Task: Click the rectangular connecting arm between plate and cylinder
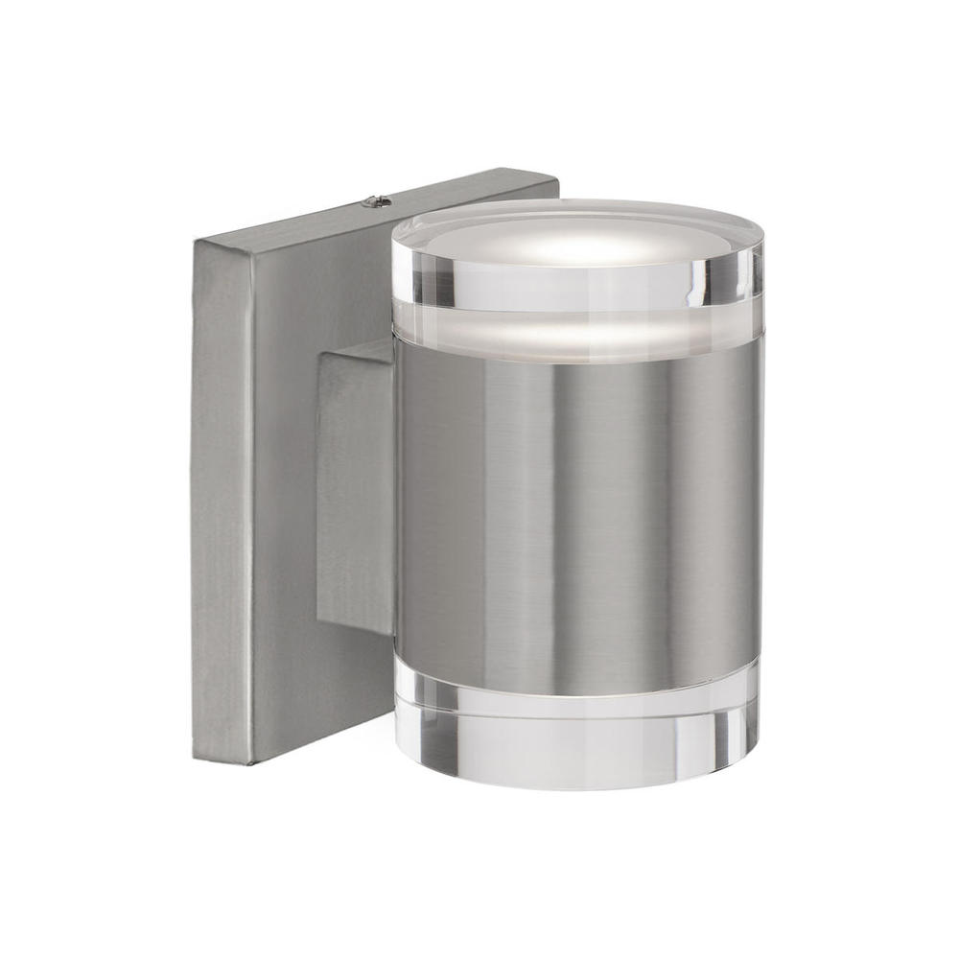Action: point(355,489)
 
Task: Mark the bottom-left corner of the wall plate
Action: point(196,759)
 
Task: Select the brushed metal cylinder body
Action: point(575,508)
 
